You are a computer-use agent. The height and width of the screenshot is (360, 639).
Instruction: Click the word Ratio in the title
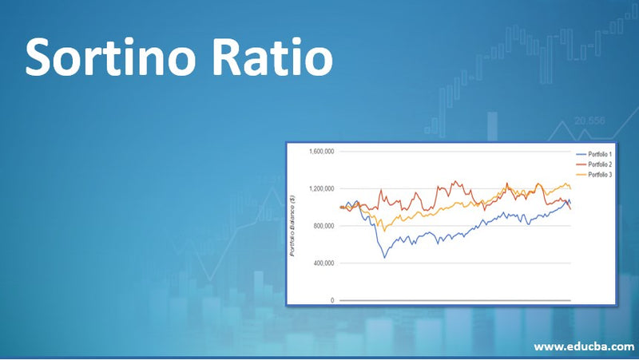(275, 57)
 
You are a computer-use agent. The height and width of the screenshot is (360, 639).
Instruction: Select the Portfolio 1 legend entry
(600, 153)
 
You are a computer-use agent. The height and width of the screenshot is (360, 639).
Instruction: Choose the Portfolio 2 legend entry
(600, 164)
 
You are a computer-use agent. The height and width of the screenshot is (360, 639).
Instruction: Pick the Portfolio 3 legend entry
(600, 174)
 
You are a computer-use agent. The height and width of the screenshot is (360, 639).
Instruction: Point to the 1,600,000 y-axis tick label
(320, 152)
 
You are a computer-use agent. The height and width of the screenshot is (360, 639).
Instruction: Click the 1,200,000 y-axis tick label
(320, 189)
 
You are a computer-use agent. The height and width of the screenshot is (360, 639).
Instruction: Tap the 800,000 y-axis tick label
(323, 226)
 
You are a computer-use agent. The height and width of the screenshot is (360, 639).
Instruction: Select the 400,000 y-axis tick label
(323, 263)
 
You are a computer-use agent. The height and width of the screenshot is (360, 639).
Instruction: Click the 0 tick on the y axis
(331, 300)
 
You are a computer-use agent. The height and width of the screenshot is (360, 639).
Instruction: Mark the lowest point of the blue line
(384, 257)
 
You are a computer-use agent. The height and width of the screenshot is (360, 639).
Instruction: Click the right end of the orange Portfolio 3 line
(570, 188)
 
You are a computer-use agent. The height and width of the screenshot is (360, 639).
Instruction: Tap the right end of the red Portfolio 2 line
(571, 208)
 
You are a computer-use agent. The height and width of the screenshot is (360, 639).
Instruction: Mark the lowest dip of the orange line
(385, 230)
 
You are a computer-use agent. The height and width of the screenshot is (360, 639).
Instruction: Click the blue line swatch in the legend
(580, 153)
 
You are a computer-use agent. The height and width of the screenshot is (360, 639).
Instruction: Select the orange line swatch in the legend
(580, 174)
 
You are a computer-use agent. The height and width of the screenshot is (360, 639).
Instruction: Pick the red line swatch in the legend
(580, 164)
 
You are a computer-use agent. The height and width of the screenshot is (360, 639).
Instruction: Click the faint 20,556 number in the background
(589, 121)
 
